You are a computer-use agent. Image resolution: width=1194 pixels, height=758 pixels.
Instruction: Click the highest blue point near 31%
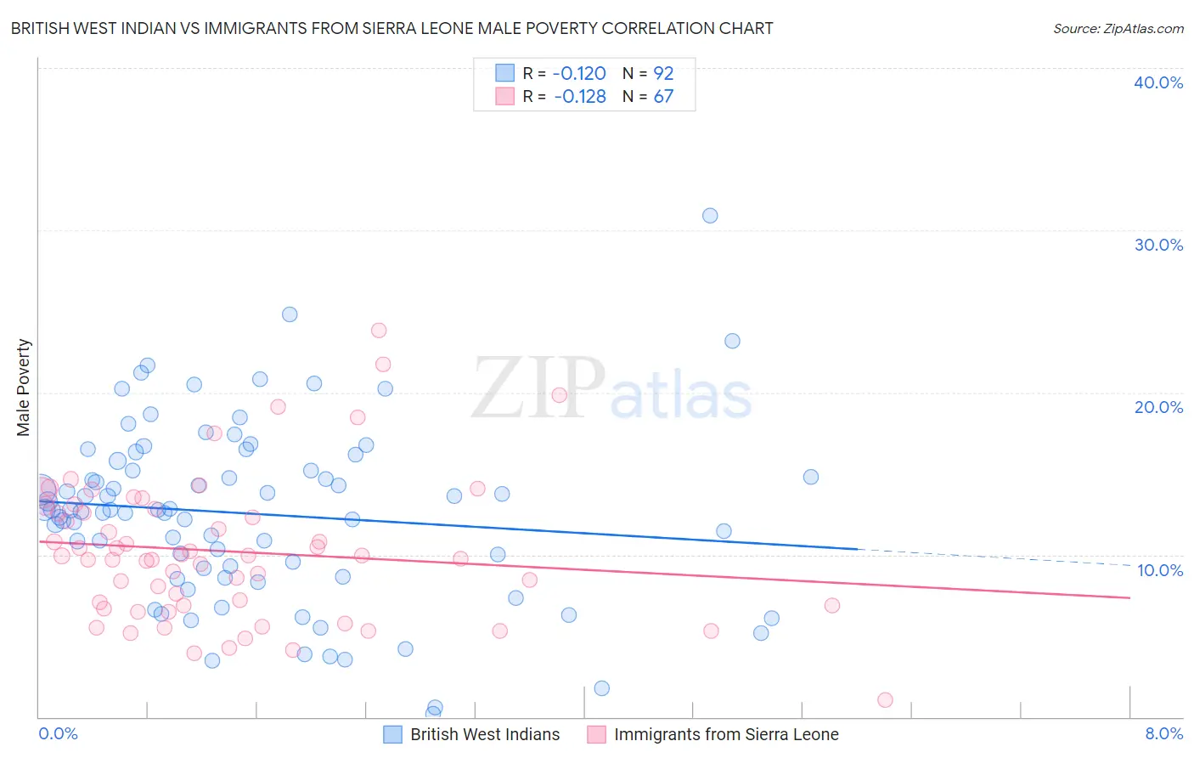click(x=710, y=216)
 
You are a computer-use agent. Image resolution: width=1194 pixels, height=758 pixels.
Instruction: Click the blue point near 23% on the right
click(x=732, y=341)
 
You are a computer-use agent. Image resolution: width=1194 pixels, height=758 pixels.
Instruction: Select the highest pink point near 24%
click(x=379, y=331)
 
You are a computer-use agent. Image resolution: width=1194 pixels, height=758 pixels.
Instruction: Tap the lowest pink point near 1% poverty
click(x=885, y=700)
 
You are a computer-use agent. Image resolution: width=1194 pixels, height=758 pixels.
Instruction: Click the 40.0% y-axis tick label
click(x=1158, y=82)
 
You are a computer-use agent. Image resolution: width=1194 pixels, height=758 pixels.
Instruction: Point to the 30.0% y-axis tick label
click(x=1158, y=245)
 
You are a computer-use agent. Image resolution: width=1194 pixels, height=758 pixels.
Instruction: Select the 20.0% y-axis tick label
click(x=1158, y=407)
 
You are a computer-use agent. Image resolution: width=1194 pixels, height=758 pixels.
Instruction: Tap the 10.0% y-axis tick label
click(x=1160, y=570)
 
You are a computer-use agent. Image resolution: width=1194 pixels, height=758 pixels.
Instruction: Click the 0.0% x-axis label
click(x=58, y=733)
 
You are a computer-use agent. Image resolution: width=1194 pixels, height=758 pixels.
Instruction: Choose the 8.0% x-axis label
click(x=1163, y=733)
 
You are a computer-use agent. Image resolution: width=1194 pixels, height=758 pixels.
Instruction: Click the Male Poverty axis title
click(x=24, y=387)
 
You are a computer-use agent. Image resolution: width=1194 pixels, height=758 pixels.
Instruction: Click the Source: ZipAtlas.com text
click(x=1118, y=29)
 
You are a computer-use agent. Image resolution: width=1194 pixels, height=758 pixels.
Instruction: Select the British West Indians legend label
click(x=485, y=734)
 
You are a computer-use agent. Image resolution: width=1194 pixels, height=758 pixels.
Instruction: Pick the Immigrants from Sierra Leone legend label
click(x=726, y=734)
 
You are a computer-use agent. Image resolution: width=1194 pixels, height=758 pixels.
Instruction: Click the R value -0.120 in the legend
click(x=579, y=73)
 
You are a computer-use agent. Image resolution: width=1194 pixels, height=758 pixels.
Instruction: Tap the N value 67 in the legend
click(x=663, y=97)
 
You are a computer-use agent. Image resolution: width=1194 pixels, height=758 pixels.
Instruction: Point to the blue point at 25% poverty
click(x=290, y=314)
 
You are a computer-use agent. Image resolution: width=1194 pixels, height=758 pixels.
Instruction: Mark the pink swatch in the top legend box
click(x=505, y=96)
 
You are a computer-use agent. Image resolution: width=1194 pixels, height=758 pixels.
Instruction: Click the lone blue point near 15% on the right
click(x=811, y=477)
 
